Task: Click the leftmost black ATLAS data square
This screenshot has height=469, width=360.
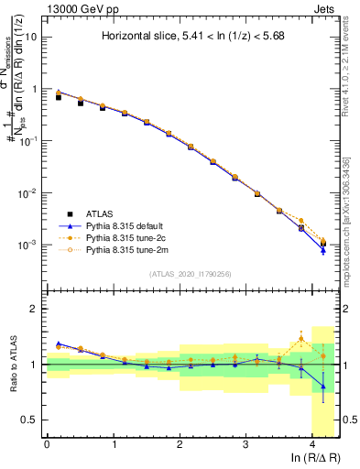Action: (x=59, y=96)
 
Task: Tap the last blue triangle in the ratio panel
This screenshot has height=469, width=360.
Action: (x=322, y=387)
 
